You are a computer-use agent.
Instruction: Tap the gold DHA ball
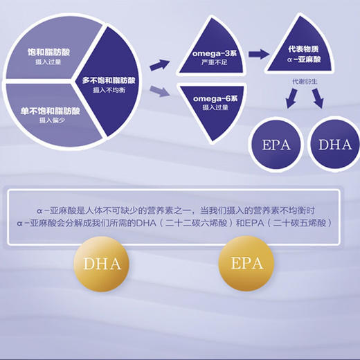point(102,263)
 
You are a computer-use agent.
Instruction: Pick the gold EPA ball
point(246,263)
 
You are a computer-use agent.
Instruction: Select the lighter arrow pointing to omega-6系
point(159,90)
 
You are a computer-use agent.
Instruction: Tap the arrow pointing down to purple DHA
point(317,100)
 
